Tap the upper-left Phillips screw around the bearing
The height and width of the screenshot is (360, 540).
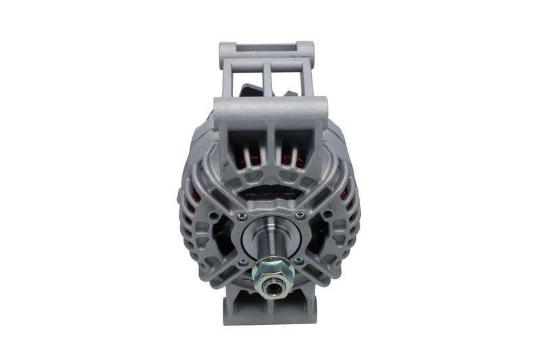(x=242, y=215)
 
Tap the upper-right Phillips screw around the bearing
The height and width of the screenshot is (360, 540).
(x=300, y=215)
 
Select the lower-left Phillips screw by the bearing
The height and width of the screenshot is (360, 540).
(x=241, y=261)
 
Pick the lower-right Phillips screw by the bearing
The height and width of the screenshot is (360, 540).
(x=299, y=261)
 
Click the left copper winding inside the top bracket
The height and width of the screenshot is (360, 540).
(x=252, y=161)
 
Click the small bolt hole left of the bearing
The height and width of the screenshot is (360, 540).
(x=213, y=217)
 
